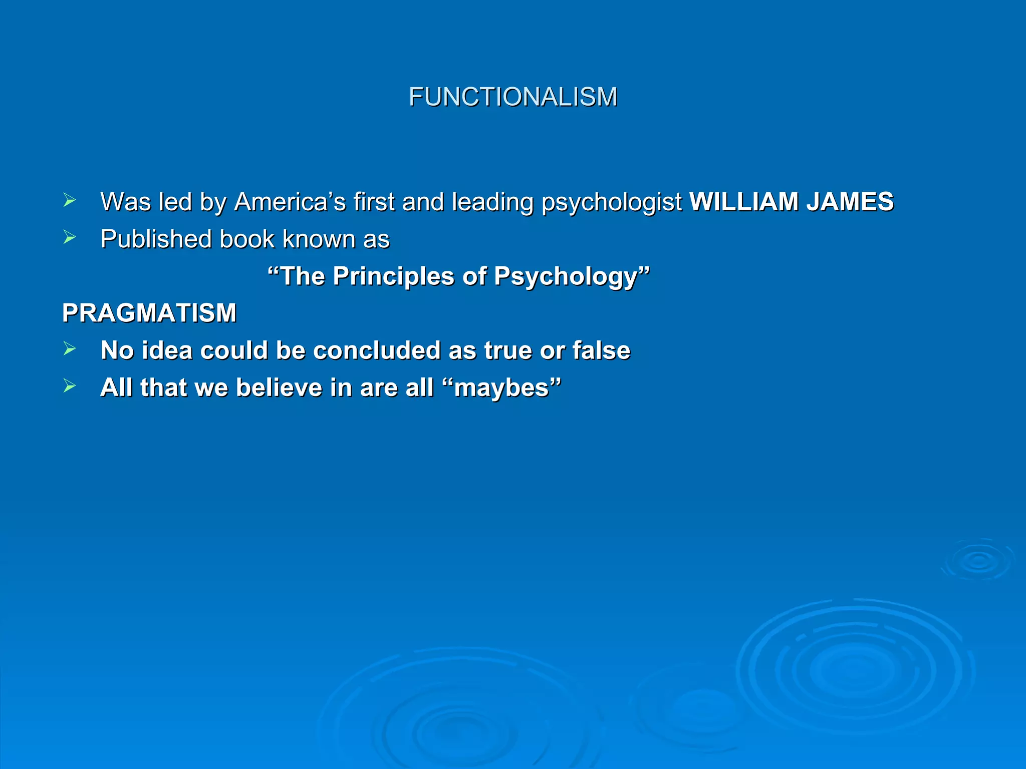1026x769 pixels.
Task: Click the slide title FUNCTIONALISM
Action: (x=512, y=97)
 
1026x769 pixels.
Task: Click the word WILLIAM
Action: (x=743, y=202)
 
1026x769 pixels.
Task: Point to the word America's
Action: (x=290, y=202)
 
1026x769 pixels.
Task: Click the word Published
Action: (x=156, y=239)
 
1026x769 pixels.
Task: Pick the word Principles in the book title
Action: (x=393, y=276)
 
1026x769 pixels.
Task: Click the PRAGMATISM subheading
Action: (x=149, y=313)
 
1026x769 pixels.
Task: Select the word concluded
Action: (x=377, y=350)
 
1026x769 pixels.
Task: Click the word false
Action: (x=601, y=350)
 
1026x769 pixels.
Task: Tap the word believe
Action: (x=279, y=388)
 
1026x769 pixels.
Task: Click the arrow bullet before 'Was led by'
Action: (x=70, y=201)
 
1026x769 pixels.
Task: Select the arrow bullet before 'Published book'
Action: (x=70, y=238)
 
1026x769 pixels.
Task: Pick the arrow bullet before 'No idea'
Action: (x=70, y=349)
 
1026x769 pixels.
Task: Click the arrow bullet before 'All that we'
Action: (x=70, y=386)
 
